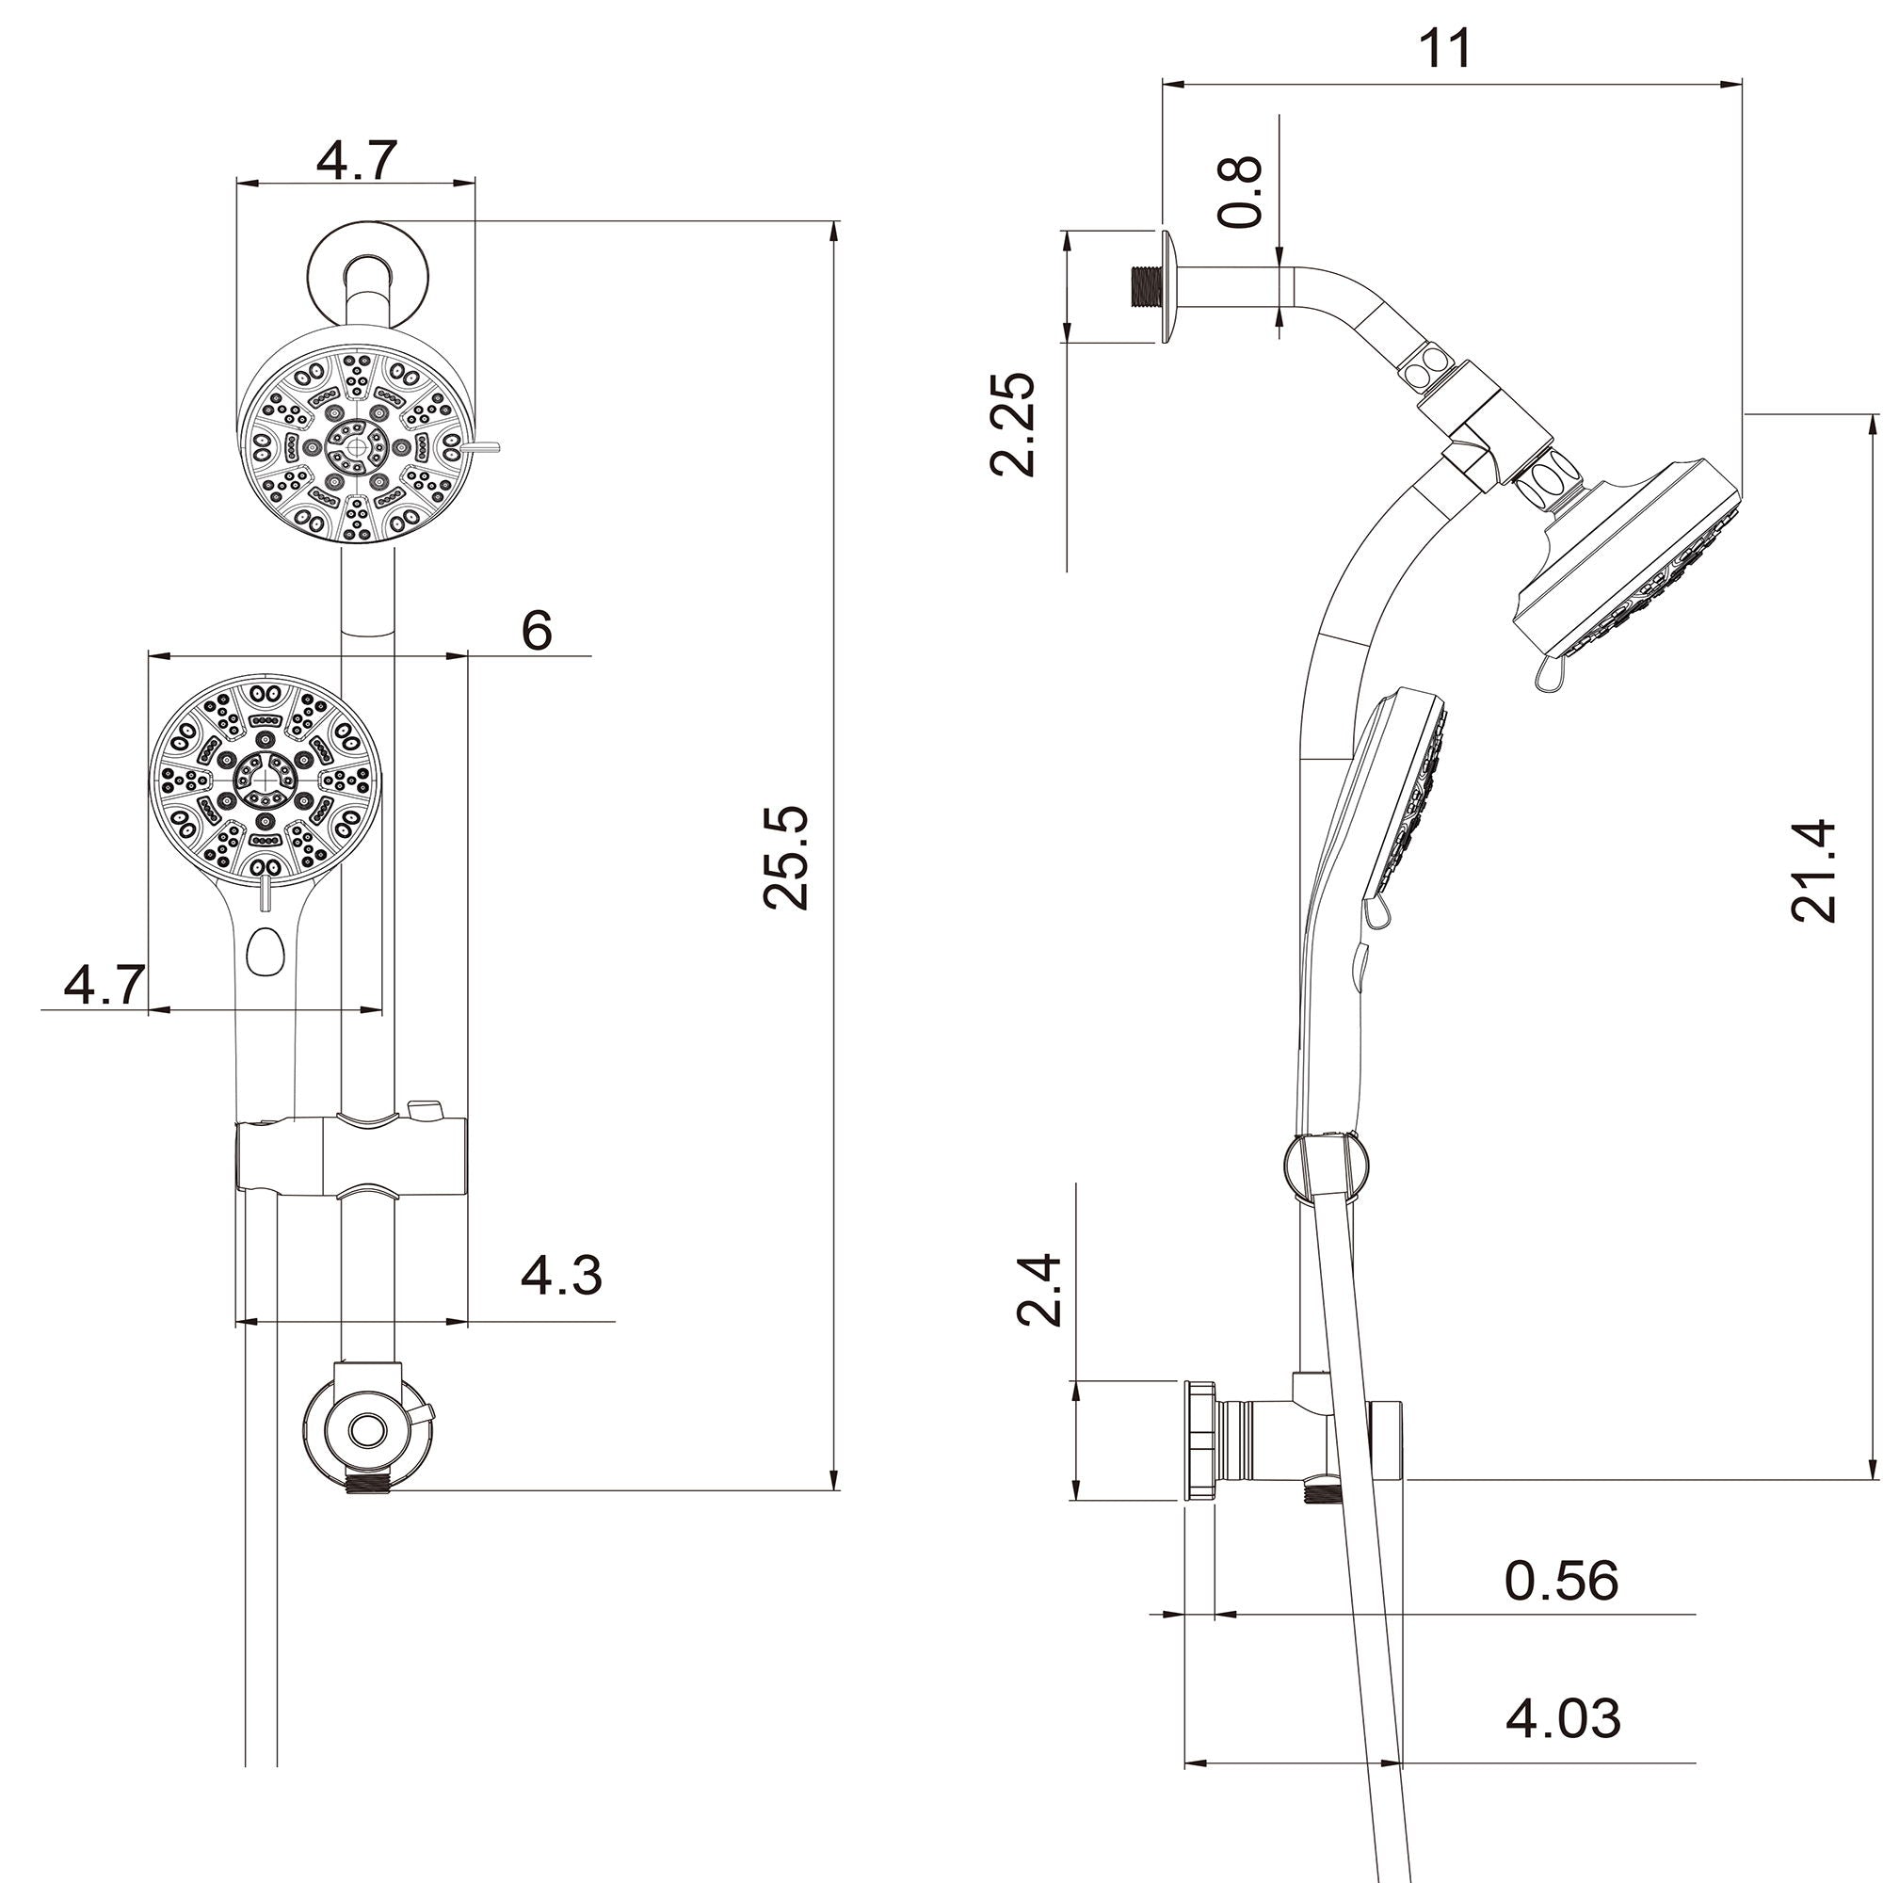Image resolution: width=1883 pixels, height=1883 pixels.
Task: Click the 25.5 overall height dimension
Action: (786, 858)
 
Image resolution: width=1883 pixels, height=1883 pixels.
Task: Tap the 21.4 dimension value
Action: (1814, 870)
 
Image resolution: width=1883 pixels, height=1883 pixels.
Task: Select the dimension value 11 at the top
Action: (1444, 49)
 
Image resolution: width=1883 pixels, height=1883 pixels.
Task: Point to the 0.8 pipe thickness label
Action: (1242, 192)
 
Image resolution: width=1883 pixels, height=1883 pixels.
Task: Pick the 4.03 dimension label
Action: (1562, 1717)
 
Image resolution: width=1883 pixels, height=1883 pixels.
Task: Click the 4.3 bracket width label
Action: (561, 1275)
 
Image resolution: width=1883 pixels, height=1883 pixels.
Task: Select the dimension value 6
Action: (537, 631)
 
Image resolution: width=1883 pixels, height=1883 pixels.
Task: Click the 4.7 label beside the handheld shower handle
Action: (105, 986)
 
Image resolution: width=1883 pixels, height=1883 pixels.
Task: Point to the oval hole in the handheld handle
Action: (264, 950)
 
